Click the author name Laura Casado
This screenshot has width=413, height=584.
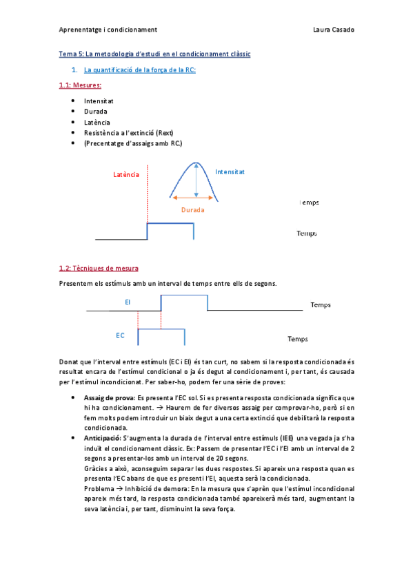click(334, 30)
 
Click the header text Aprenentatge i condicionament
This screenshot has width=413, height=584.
click(108, 30)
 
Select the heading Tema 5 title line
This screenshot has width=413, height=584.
click(154, 54)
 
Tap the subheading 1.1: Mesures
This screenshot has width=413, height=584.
click(80, 85)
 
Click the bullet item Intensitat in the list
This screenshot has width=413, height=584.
click(99, 101)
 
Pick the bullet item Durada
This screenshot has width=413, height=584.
click(96, 112)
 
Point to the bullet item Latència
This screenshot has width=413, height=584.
click(97, 122)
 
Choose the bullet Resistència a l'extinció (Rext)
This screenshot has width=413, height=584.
click(129, 132)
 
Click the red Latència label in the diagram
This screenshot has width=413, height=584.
click(126, 175)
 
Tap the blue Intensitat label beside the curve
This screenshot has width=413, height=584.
click(230, 171)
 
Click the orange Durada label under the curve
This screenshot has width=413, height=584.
click(193, 210)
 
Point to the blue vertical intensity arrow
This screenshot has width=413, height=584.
click(197, 180)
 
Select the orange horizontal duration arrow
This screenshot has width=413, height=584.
click(193, 198)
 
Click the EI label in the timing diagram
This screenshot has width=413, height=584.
click(128, 302)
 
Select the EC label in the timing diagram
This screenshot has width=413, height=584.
click(120, 335)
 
